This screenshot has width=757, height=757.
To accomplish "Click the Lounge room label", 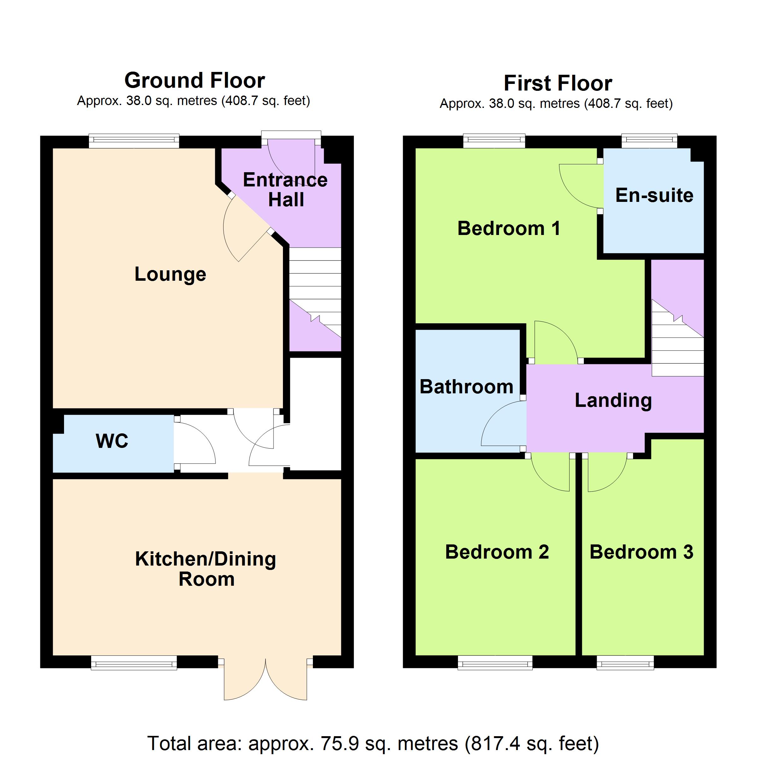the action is (x=170, y=274).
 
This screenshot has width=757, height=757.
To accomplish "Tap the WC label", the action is (x=112, y=441).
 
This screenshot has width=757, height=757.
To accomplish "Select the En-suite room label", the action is (x=654, y=195).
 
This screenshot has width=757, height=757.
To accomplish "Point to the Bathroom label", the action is (x=466, y=387).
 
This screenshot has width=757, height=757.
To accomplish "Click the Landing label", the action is (x=613, y=401).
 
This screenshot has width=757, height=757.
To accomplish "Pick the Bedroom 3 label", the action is (x=642, y=552).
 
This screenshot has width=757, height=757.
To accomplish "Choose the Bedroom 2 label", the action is (x=497, y=552).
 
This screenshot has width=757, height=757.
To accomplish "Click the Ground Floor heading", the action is (x=195, y=80).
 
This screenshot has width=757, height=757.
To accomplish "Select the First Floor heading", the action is (x=558, y=83).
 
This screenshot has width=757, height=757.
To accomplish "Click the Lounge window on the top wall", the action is (x=134, y=141).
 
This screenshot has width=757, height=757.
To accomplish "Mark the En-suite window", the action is (x=650, y=141).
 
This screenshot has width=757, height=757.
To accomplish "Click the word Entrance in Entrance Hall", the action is (x=285, y=180).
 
